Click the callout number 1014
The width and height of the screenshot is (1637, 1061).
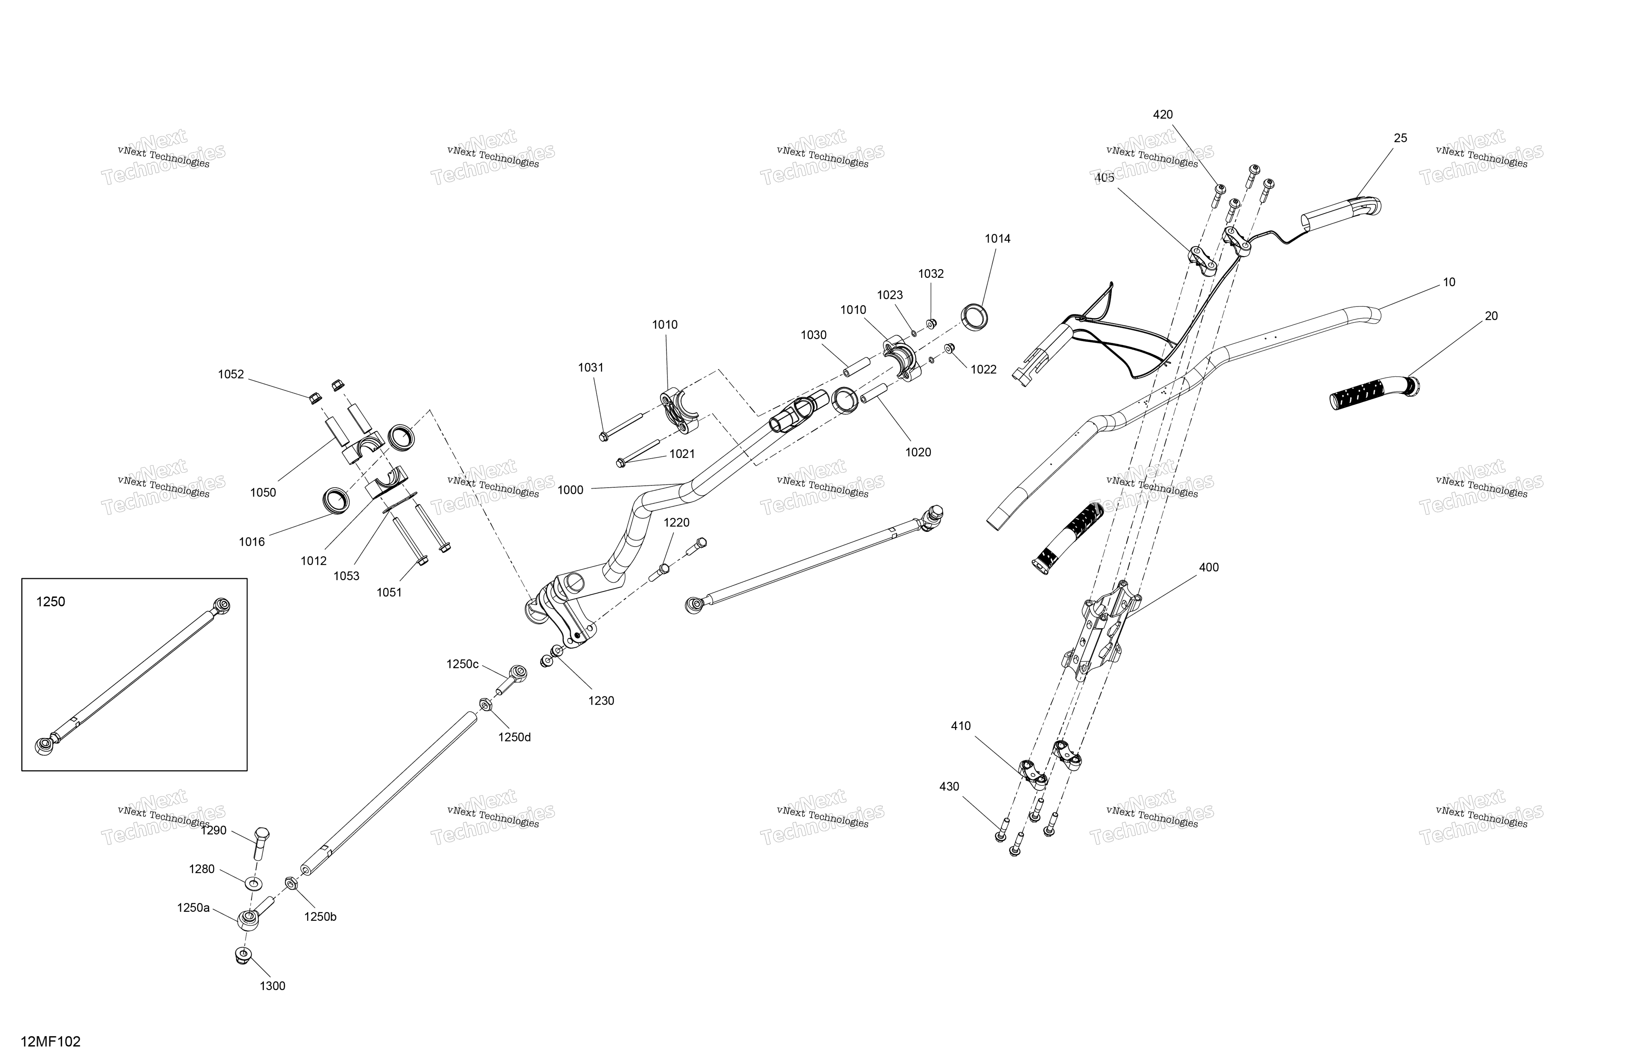[997, 239]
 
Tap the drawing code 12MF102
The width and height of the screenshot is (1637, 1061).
[51, 1042]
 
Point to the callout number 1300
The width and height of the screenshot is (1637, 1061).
[272, 986]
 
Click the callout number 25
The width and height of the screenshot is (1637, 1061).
[1400, 138]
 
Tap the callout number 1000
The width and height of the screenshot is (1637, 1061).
[570, 490]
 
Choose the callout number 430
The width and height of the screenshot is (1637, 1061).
[949, 787]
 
